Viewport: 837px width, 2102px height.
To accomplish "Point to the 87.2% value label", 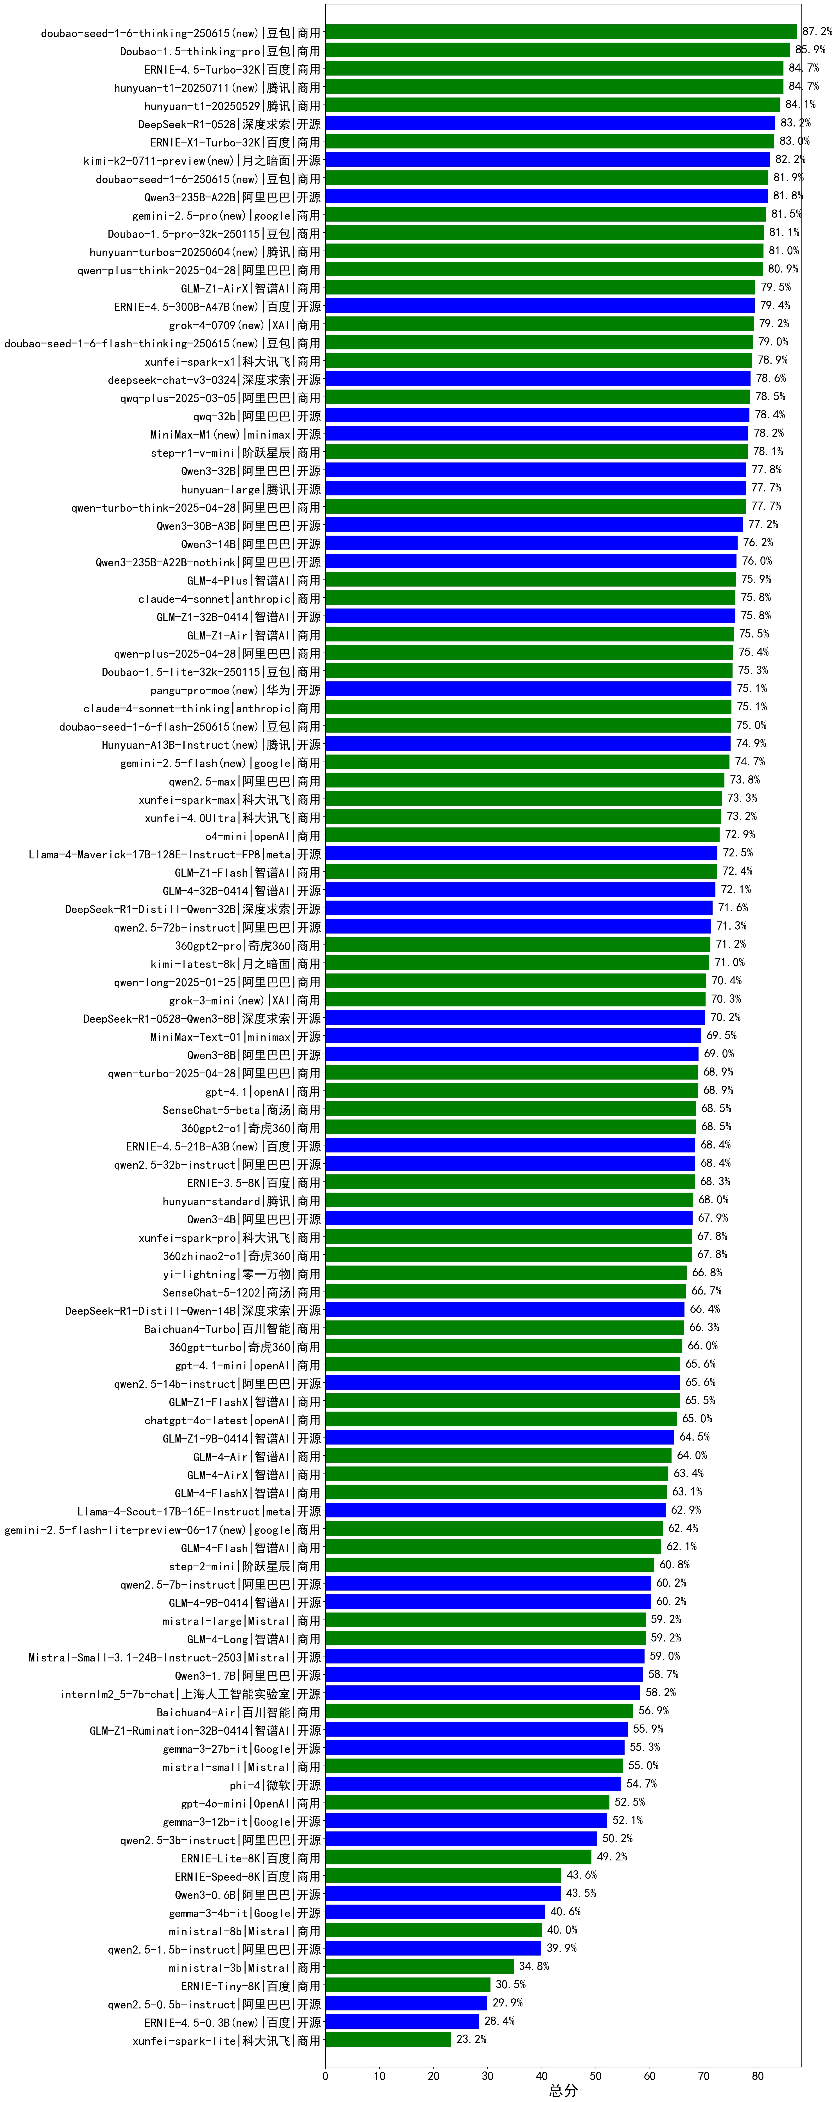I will coord(817,32).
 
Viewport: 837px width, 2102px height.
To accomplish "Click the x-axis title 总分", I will coord(563,2091).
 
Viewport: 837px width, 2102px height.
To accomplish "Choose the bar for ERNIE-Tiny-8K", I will coord(408,1985).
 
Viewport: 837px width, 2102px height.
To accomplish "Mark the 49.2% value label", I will coord(612,1856).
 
